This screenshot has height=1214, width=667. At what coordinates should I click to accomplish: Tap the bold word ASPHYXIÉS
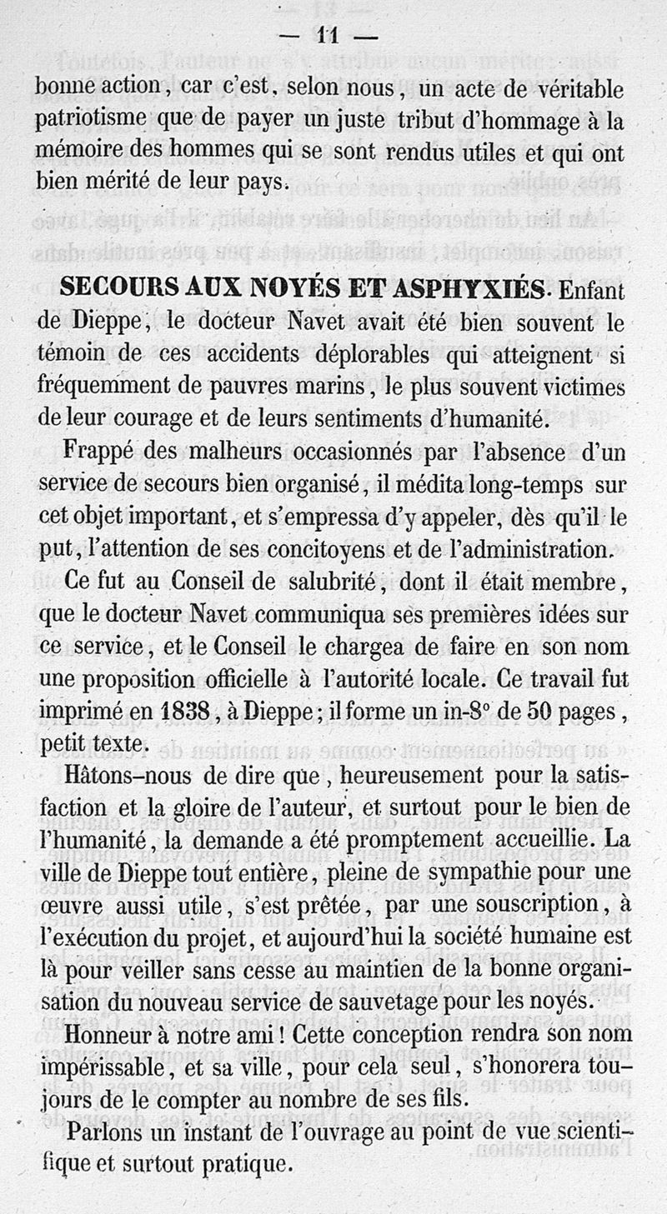pos(469,289)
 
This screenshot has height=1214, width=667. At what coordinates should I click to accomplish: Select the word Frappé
pos(102,453)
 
